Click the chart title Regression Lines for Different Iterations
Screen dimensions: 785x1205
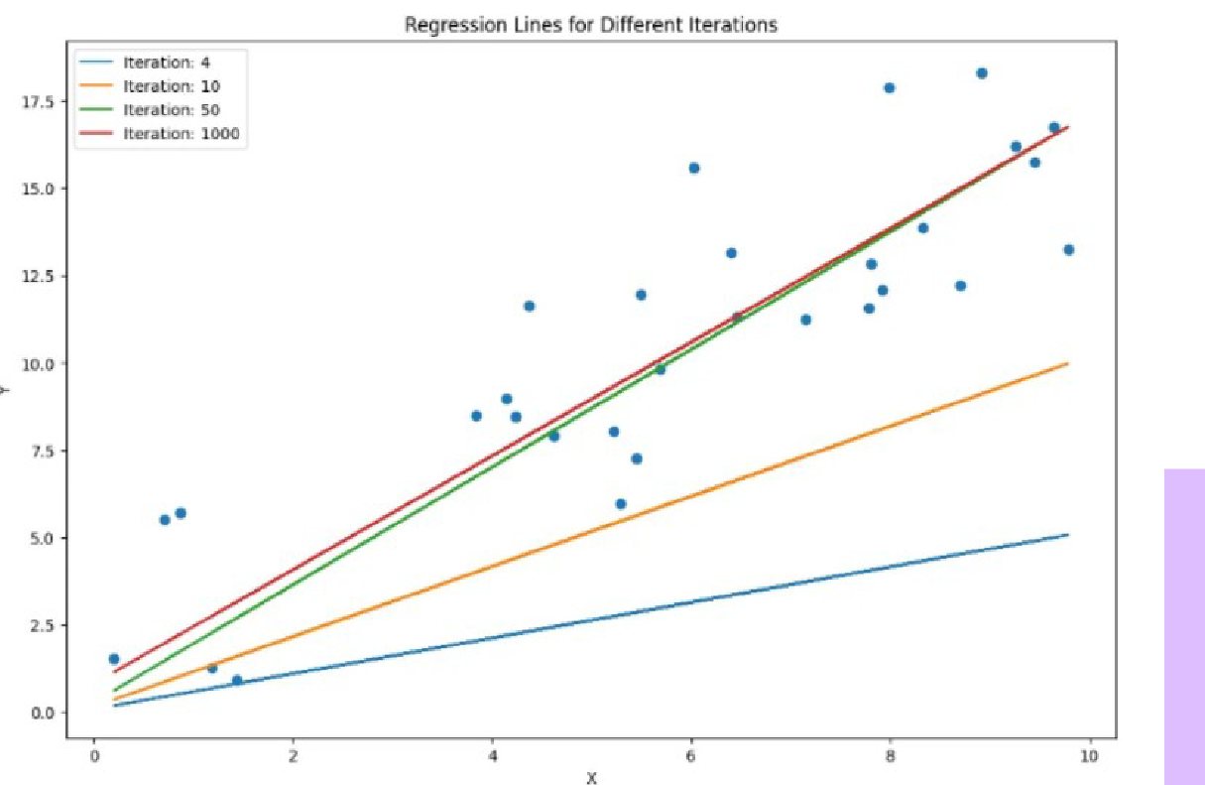coord(590,26)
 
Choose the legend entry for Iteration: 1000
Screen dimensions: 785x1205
coord(181,134)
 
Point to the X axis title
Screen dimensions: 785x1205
coord(591,778)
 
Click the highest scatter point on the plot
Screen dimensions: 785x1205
coord(982,73)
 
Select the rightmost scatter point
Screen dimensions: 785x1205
coord(1068,250)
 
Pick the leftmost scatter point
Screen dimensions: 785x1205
coord(114,659)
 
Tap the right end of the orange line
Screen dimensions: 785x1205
coord(1067,363)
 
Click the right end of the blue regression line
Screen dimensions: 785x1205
coord(1067,535)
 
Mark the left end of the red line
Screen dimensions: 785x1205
coord(115,672)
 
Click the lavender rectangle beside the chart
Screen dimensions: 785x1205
coord(1184,626)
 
